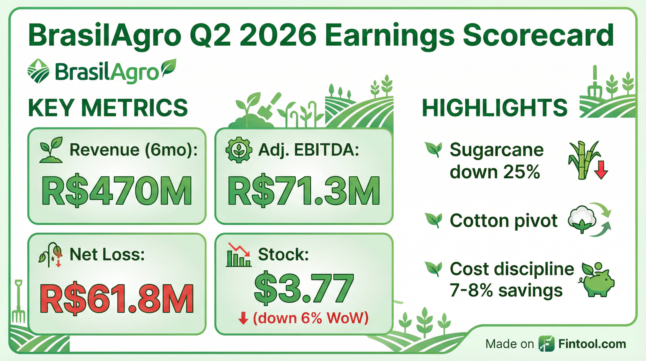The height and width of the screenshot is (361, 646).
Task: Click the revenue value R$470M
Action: [116, 191]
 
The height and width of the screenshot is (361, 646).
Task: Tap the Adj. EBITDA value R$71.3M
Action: [304, 191]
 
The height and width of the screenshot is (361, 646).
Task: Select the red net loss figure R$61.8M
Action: [117, 298]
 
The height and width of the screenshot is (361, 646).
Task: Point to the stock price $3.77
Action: [304, 288]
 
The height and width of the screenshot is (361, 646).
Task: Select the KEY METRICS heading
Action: [108, 107]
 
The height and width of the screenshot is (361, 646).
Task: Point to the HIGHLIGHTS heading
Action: [495, 107]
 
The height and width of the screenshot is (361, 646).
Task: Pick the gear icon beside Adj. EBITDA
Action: [239, 150]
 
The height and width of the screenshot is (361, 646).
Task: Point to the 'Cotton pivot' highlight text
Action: [504, 221]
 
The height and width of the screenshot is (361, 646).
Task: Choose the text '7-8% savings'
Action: [506, 290]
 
